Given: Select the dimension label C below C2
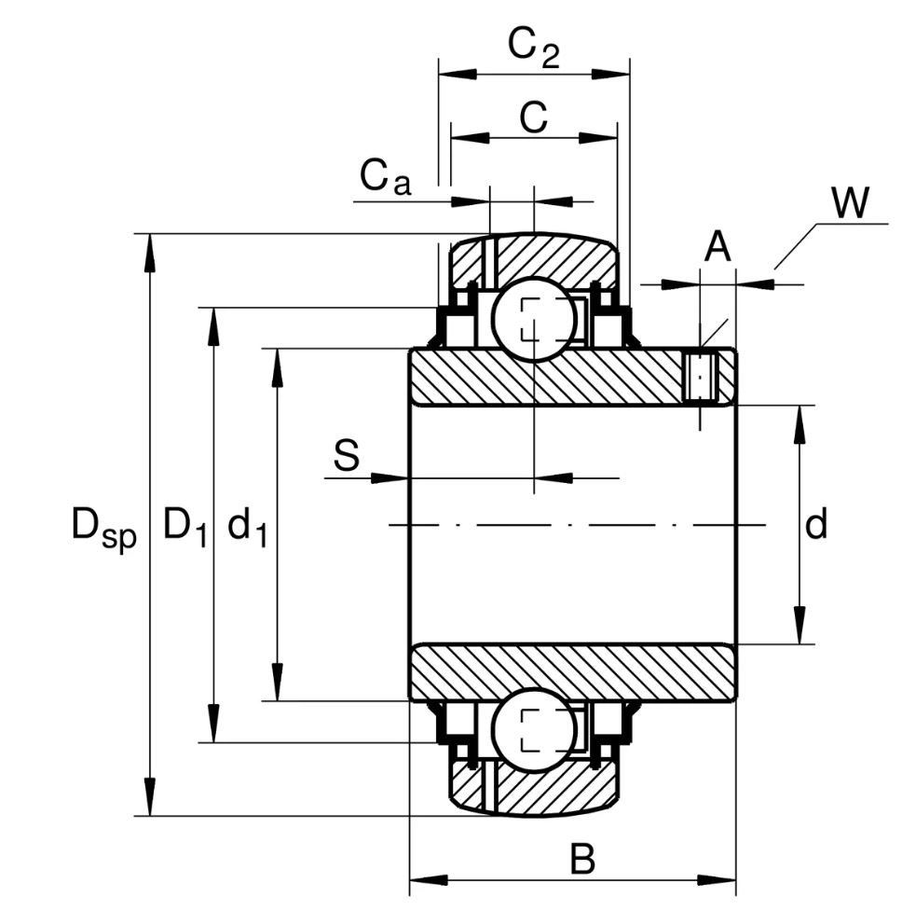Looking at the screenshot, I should click(x=532, y=118).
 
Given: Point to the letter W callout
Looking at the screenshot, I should click(x=850, y=203).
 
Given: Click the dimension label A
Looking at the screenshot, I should click(x=717, y=249).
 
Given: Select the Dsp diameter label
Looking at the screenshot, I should click(x=103, y=527).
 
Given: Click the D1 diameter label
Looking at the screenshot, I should click(x=184, y=527).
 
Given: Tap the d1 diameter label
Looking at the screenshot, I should click(x=247, y=528).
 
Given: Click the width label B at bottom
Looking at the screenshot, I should click(x=582, y=860).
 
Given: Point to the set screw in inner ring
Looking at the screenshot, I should click(x=701, y=376).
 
